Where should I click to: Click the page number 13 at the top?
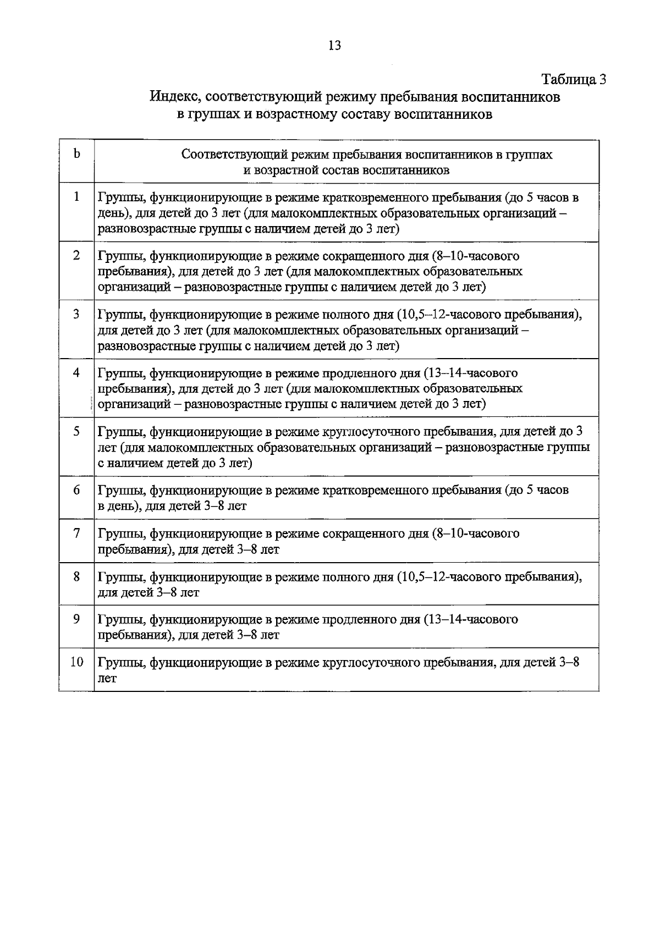334,46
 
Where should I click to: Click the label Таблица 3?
574,79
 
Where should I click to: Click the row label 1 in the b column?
76,197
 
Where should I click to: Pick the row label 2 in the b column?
76,255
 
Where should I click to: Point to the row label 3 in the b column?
76,314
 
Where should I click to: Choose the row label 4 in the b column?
76,372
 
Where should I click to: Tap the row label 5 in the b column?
76,431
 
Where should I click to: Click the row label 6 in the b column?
76,490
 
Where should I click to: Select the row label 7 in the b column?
76,533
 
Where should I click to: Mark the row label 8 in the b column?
76,576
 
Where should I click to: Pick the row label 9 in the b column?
76,619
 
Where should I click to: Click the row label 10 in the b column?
76,662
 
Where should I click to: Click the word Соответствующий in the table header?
226,155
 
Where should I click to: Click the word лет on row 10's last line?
107,679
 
